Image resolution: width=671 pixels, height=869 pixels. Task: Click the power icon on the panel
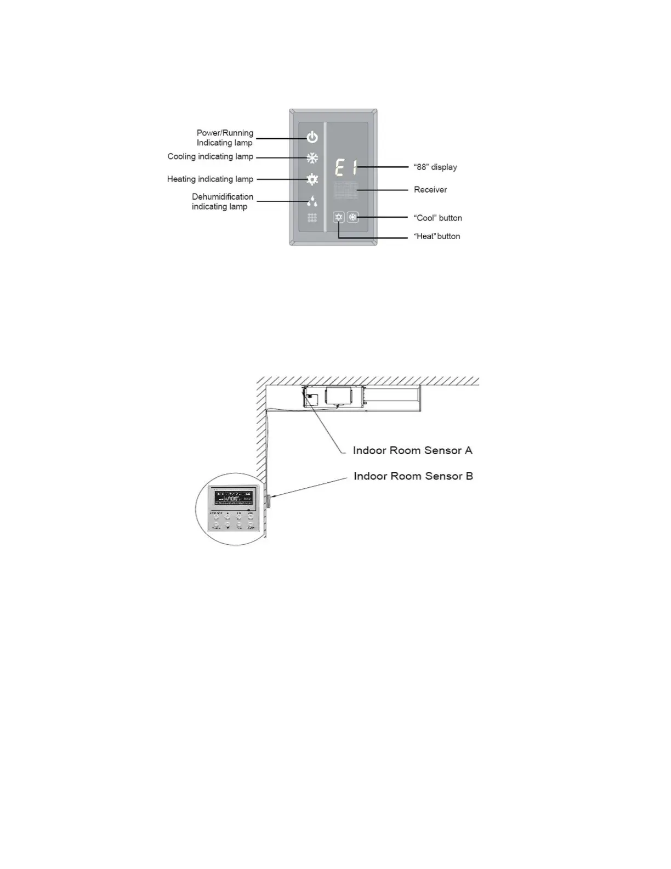point(312,137)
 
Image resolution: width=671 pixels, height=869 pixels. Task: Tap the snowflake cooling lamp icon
point(312,159)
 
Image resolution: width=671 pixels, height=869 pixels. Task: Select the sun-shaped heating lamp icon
point(312,179)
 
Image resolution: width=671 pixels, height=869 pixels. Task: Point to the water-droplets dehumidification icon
point(312,201)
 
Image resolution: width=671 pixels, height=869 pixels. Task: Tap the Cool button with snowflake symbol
point(353,217)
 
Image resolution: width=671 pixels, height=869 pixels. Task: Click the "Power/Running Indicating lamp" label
point(225,138)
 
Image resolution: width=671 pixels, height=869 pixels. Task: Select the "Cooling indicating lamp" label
point(211,157)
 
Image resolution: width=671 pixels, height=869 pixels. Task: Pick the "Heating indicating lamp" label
point(210,179)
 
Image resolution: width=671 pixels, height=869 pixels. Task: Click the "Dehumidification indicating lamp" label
point(222,201)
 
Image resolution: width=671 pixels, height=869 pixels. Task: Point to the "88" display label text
point(435,167)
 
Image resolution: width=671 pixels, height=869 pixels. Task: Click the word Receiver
point(430,190)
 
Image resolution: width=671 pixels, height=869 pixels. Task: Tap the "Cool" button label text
point(438,218)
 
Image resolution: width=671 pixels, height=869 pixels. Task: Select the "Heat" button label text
point(437,236)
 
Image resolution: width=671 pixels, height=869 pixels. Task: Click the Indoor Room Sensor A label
point(412,450)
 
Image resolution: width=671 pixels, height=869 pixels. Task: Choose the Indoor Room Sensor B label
point(413,476)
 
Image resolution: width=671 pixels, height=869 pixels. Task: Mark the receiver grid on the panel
point(345,190)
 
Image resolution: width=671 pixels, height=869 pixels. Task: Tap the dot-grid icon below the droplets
point(312,218)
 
